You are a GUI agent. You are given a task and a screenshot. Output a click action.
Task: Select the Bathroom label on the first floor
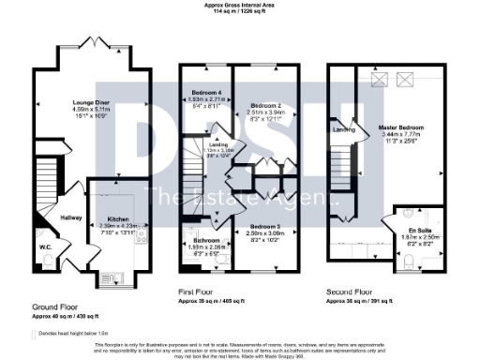click(197, 242)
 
